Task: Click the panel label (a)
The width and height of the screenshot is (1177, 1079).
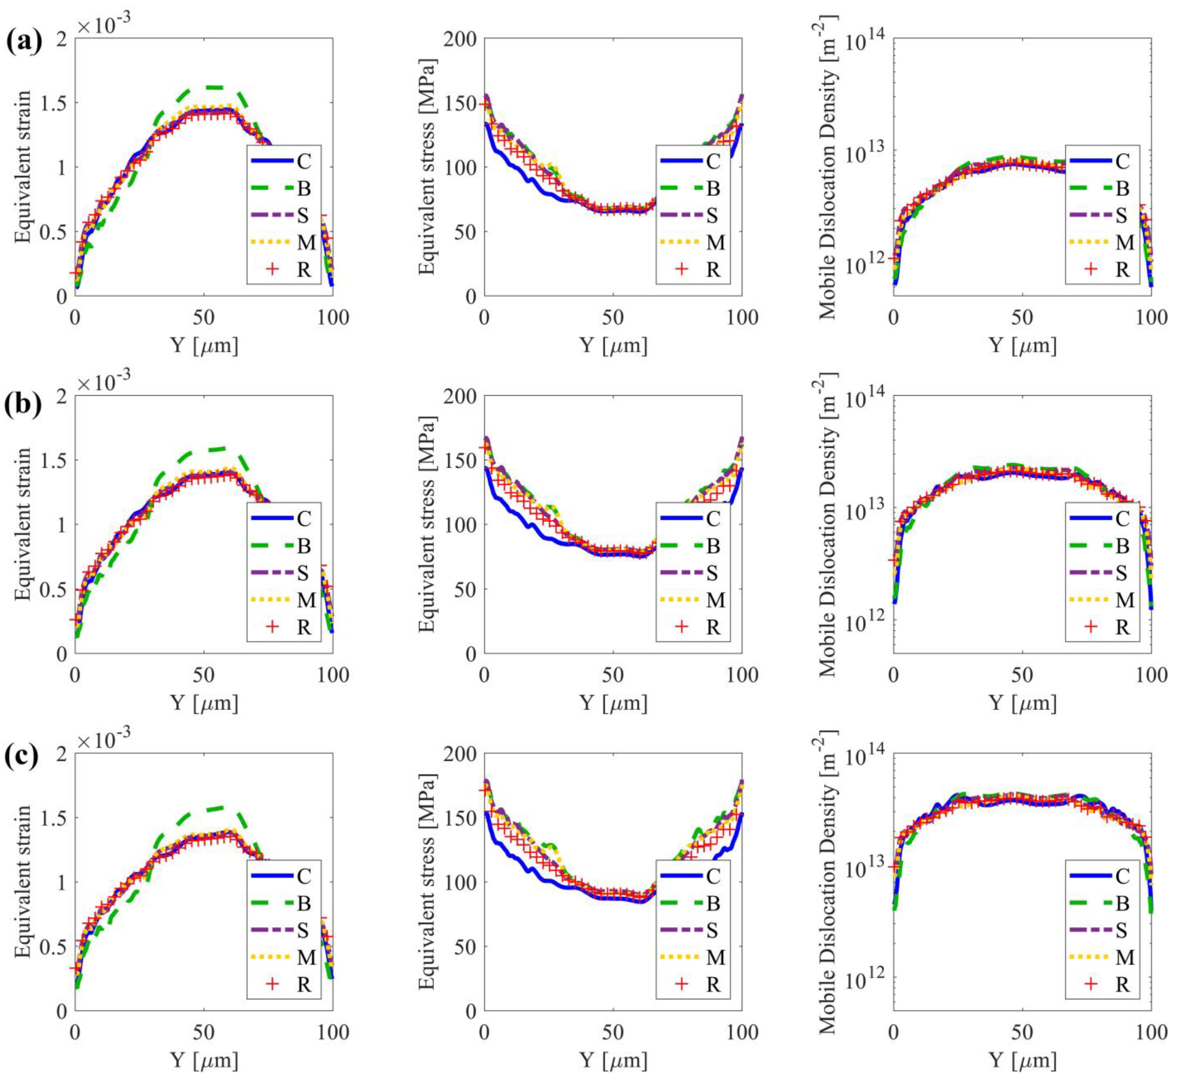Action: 23,42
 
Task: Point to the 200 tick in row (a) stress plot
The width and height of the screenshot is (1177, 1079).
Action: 461,39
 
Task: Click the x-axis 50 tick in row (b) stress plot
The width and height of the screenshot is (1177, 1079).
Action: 613,676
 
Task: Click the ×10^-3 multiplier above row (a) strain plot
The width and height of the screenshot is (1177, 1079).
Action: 104,23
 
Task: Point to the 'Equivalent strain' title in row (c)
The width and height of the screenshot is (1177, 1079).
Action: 22,882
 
